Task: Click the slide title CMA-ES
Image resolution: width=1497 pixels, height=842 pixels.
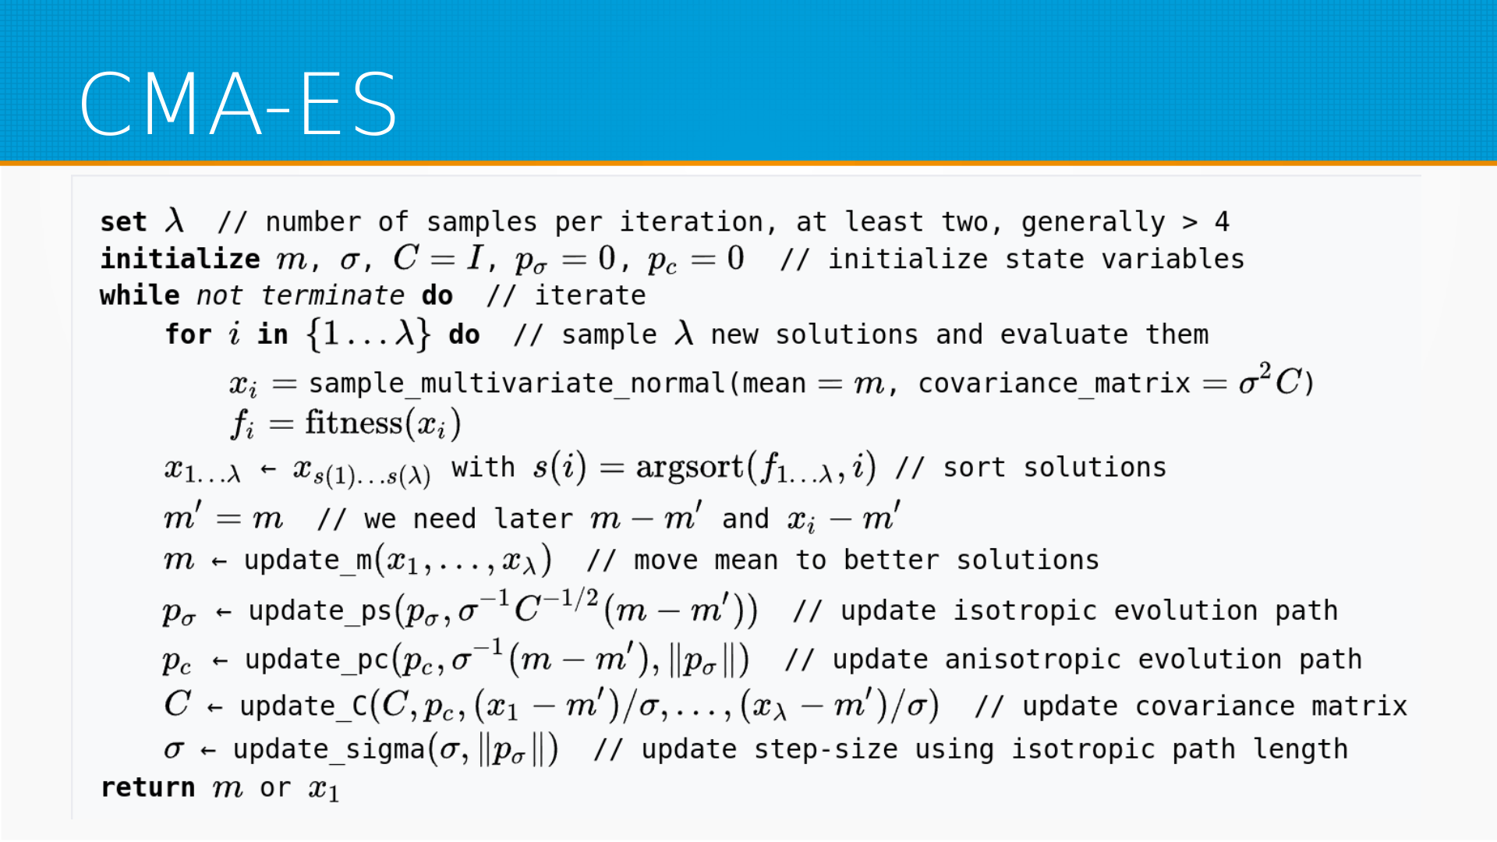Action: pyautogui.click(x=239, y=104)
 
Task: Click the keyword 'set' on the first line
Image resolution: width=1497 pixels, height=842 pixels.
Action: pyautogui.click(x=123, y=222)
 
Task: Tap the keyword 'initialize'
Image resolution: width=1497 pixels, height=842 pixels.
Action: pyautogui.click(x=180, y=259)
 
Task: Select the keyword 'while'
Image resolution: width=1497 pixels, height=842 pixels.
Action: pyautogui.click(x=140, y=295)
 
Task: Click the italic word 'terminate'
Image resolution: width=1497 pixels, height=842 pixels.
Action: pyautogui.click(x=332, y=295)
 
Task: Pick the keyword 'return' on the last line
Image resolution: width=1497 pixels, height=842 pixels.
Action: pyautogui.click(x=148, y=787)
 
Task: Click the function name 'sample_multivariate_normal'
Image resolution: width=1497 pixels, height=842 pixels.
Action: pyautogui.click(x=517, y=384)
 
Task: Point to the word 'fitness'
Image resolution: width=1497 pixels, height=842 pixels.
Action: pyautogui.click(x=353, y=423)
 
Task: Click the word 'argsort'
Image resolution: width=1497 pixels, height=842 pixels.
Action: pyautogui.click(x=690, y=467)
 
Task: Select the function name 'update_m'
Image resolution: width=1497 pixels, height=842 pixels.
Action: pyautogui.click(x=308, y=561)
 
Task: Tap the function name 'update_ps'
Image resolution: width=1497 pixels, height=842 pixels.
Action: pyautogui.click(x=320, y=611)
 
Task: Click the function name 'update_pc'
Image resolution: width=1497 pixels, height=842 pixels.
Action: pyautogui.click(x=317, y=660)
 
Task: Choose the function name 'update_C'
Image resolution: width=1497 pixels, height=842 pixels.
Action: pyautogui.click(x=304, y=706)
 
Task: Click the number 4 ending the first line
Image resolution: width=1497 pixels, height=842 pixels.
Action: pyautogui.click(x=1222, y=222)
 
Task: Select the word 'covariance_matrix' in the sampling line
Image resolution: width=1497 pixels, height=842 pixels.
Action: pyautogui.click(x=1054, y=384)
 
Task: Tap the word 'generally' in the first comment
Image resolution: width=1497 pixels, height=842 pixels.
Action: pyautogui.click(x=1093, y=223)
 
